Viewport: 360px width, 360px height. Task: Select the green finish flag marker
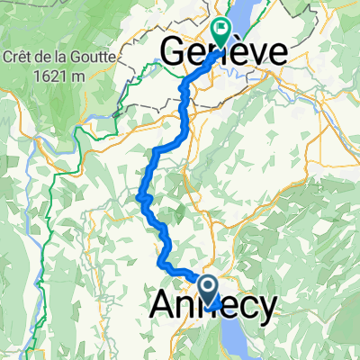[x=221, y=29]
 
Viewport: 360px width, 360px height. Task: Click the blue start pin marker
[x=209, y=291]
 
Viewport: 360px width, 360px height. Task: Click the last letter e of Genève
[x=274, y=50]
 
